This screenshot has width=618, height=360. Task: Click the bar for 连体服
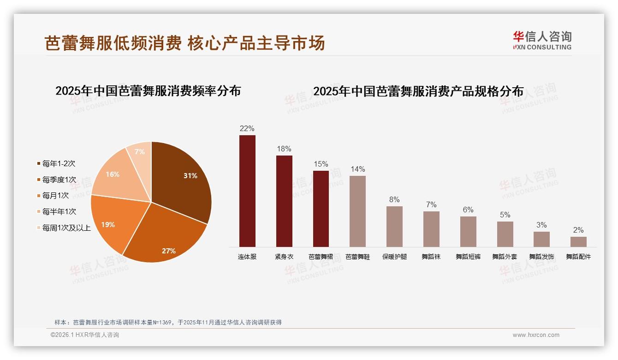point(247,191)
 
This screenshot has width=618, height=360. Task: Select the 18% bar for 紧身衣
point(284,201)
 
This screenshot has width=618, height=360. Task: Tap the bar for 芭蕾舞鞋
point(357,211)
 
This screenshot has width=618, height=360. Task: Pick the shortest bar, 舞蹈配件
point(578,242)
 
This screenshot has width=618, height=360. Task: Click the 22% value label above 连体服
point(247,129)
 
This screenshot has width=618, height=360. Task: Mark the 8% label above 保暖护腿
point(394,200)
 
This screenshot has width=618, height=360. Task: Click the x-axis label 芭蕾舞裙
point(321,257)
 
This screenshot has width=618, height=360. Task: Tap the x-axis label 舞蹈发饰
point(541,257)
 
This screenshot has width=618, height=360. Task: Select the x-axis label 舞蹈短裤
point(468,257)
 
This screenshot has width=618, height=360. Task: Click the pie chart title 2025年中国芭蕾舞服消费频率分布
point(148,91)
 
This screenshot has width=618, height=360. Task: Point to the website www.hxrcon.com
point(536,335)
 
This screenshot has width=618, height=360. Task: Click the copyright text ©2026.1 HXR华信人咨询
point(85,335)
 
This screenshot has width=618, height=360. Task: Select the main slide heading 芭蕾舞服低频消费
point(113,43)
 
